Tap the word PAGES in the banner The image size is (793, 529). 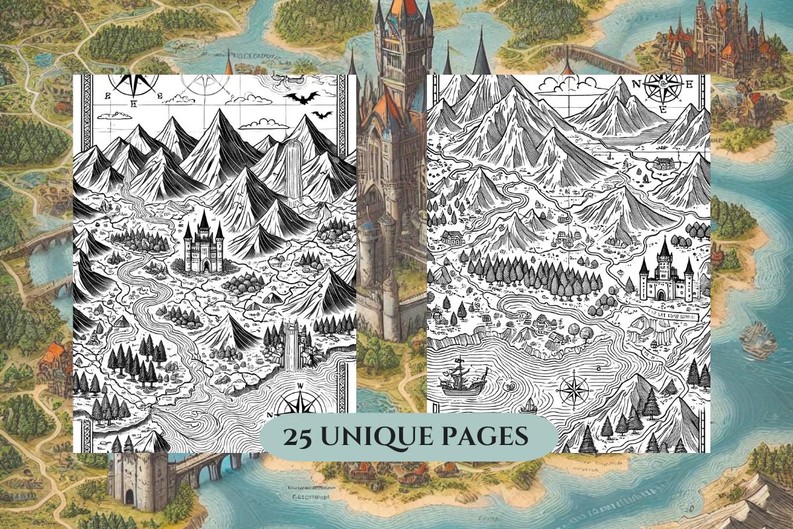(485, 437)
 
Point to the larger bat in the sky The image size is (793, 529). (301, 99)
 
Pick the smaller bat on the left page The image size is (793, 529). (322, 115)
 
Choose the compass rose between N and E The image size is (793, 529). (659, 88)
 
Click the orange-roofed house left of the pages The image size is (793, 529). (51, 361)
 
